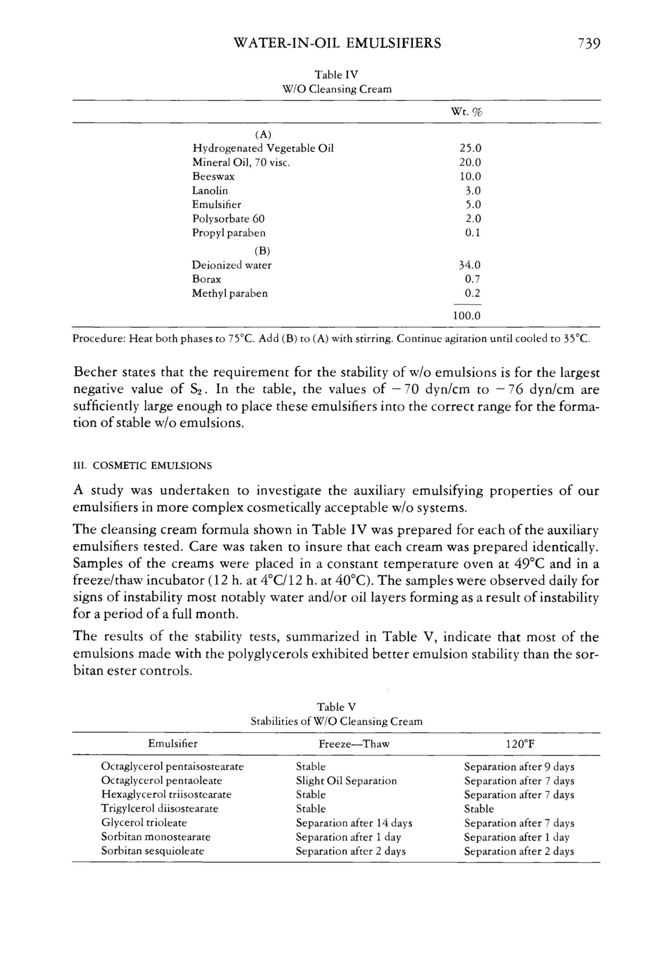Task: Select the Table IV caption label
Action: click(336, 75)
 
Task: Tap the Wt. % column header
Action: click(466, 112)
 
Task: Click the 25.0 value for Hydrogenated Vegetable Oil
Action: click(470, 148)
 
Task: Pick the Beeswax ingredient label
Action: click(213, 176)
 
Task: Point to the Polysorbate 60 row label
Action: click(228, 219)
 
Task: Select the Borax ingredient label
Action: click(206, 279)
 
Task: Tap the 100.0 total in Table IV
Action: click(466, 316)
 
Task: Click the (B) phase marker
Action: click(262, 251)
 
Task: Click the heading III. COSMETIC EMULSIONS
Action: click(142, 465)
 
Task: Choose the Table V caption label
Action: click(336, 707)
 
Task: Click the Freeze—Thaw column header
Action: click(354, 744)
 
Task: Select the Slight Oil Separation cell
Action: click(346, 781)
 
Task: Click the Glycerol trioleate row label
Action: click(144, 822)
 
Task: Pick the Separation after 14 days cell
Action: click(354, 823)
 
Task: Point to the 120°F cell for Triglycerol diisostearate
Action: click(479, 809)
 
